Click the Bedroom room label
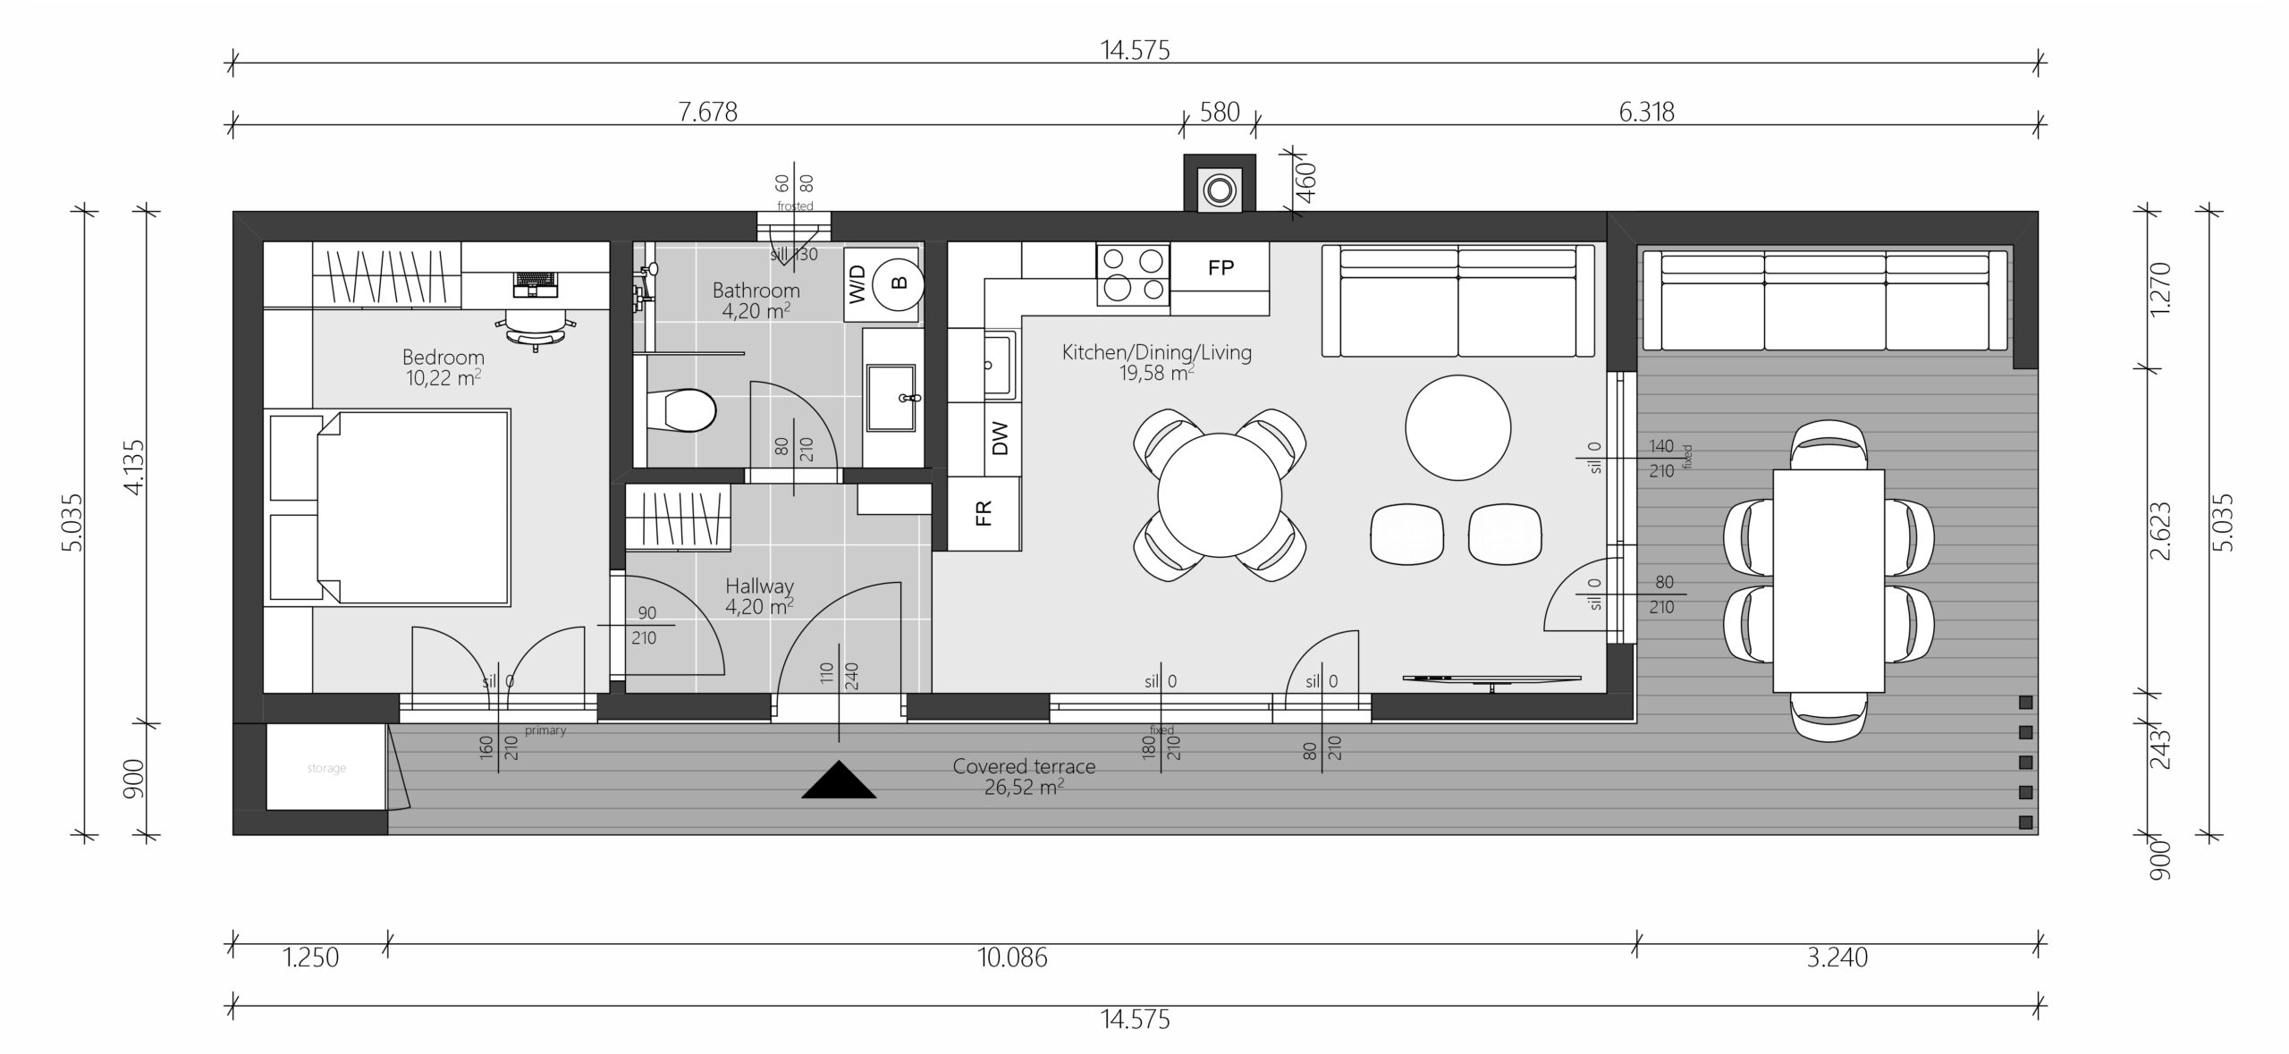point(443,358)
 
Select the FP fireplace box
point(1220,266)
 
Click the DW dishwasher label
point(1000,438)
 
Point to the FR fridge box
point(984,513)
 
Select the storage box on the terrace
point(326,767)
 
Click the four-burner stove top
point(1133,274)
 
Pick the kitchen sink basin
point(1000,365)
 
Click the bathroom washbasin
point(891,397)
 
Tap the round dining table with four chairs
point(1220,494)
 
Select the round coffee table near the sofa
point(1458,427)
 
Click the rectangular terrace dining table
point(1829,580)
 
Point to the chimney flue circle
point(1219,190)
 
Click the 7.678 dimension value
point(707,112)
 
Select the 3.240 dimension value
point(1837,957)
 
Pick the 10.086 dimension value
point(1012,957)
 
